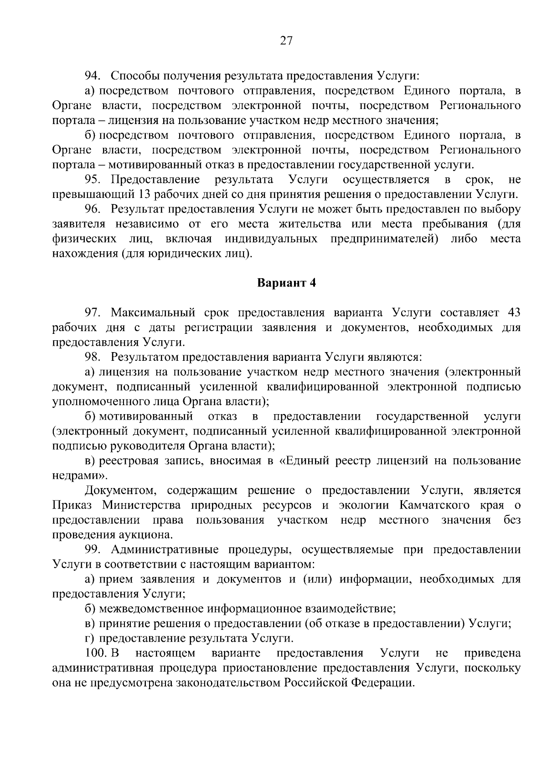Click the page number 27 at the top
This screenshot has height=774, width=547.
pos(286,41)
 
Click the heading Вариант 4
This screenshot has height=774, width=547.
pos(286,283)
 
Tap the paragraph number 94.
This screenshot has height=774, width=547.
pos(92,76)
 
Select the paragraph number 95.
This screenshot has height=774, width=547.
pos(92,179)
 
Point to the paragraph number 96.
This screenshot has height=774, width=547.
pos(92,209)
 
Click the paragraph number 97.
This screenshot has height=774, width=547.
pos(92,313)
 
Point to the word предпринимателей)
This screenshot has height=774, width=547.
pos(384,239)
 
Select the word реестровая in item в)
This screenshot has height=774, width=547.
pos(128,461)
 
